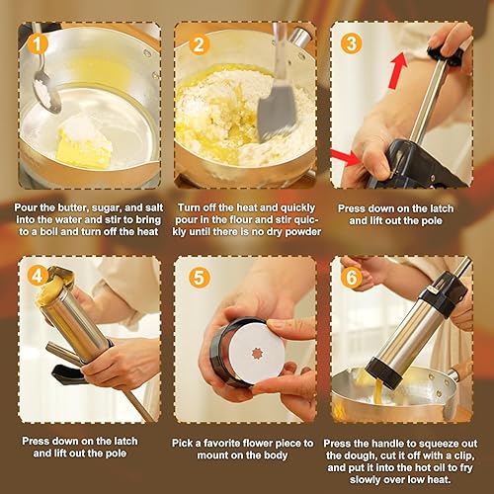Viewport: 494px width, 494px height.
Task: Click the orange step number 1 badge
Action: pos(38,44)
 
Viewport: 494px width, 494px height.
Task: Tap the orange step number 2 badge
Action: pos(200,44)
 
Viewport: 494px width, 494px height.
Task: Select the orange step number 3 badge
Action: pos(352,43)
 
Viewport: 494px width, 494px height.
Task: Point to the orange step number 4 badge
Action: pos(38,276)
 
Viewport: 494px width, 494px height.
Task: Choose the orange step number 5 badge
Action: pos(200,277)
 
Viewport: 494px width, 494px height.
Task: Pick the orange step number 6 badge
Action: pos(352,278)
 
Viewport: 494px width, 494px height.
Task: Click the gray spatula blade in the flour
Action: pos(276,112)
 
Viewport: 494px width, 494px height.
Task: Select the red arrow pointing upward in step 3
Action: pos(398,71)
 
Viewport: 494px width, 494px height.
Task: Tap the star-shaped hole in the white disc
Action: pos(258,355)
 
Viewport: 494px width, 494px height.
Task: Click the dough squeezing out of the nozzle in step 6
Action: pos(378,390)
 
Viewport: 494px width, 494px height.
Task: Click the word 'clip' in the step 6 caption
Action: pos(462,456)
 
